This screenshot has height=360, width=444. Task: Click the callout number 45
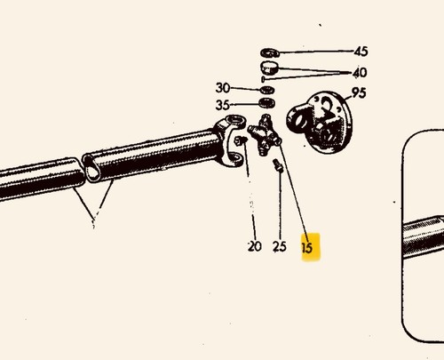coord(361,52)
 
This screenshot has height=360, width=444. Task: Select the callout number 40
coord(360,72)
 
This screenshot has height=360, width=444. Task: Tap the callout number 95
coord(359,93)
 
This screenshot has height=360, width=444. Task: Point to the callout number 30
coord(223,88)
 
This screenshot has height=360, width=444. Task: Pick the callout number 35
coord(223,105)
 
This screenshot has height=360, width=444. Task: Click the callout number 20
coord(255,246)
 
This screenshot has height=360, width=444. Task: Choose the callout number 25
coord(280,246)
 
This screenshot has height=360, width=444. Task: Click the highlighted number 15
coord(307,247)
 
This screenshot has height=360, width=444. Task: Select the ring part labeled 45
coord(270,52)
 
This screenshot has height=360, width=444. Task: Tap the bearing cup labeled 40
coord(269,68)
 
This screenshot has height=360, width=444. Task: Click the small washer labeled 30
coord(267,90)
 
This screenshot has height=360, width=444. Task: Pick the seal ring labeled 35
coord(266,103)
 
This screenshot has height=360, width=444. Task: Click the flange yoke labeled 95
coord(320,122)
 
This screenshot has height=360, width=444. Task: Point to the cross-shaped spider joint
coord(265,135)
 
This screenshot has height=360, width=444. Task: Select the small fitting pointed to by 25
coord(278,165)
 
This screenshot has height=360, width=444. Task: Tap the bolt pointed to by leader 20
coord(241,140)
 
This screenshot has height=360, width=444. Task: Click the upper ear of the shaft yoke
coord(234,121)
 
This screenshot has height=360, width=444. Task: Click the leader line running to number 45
coord(316,52)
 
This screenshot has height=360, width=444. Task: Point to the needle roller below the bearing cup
coord(263,79)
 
